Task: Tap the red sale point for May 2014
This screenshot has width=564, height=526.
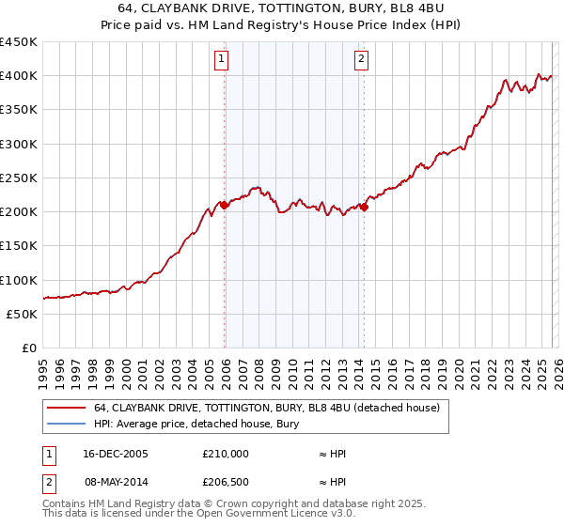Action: (364, 208)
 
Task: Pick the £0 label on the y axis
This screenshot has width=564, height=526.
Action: (28, 348)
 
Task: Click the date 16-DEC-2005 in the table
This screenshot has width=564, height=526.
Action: (116, 454)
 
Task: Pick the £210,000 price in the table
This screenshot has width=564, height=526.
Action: (226, 454)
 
